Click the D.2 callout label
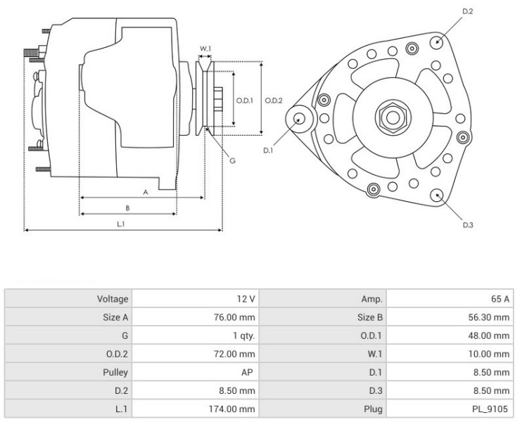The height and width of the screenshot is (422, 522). [x=469, y=12]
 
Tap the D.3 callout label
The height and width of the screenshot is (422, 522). [x=468, y=225]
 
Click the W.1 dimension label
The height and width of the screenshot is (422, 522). [x=205, y=49]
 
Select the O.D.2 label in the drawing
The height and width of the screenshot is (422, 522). [x=274, y=101]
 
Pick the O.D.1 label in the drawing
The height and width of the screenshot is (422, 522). [x=243, y=101]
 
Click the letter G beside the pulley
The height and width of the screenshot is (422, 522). [x=231, y=160]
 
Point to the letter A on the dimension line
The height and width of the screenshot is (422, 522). [x=145, y=191]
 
